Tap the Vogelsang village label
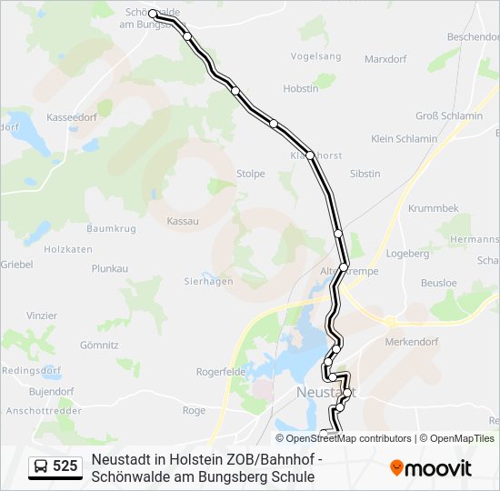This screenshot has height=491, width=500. (x=315, y=56)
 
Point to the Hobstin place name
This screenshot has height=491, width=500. (x=301, y=88)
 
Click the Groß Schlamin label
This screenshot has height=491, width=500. (x=449, y=115)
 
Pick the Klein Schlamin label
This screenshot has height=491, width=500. (x=405, y=138)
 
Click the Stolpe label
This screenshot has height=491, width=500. (x=250, y=173)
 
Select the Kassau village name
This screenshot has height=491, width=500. (x=183, y=221)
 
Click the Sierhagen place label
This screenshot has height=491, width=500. (x=209, y=281)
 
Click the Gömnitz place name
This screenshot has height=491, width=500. (x=99, y=345)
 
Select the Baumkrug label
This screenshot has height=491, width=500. (x=112, y=227)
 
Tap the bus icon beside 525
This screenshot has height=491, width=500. (x=41, y=467)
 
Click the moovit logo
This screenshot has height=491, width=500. (x=432, y=468)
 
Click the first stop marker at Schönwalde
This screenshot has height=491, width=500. (x=153, y=15)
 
